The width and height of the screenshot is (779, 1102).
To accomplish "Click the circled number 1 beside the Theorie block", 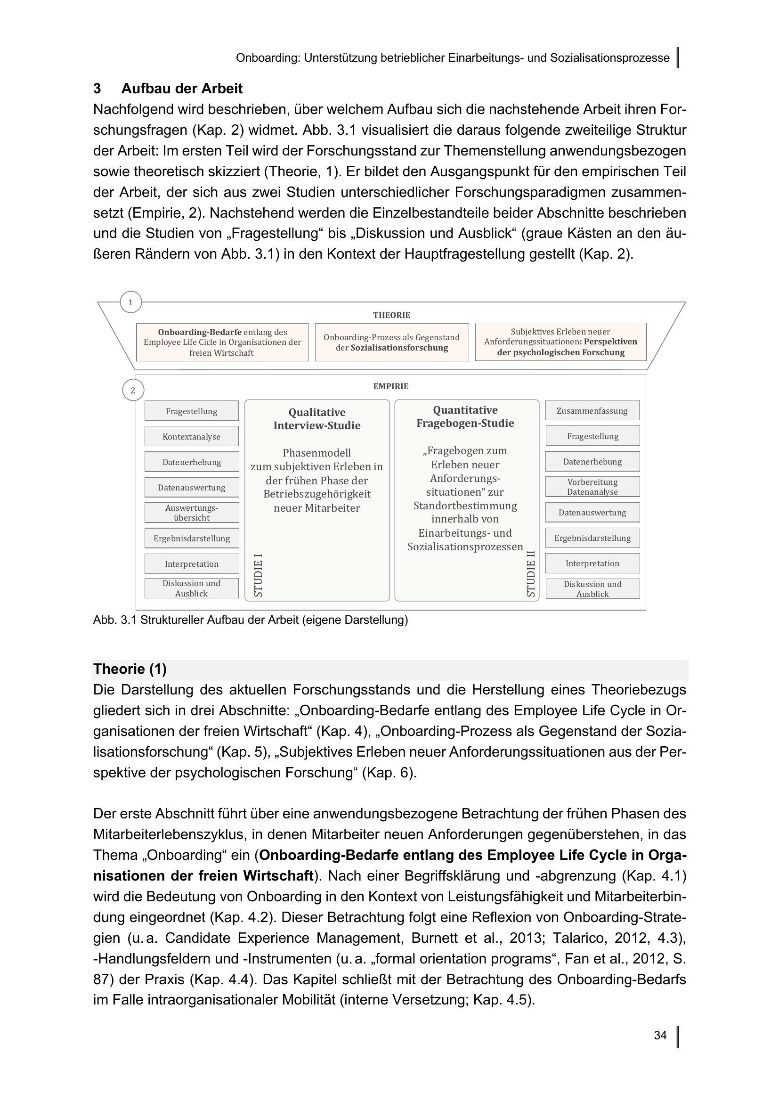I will point(130,302).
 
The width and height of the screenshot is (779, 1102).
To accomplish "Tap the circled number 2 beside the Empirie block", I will point(133,390).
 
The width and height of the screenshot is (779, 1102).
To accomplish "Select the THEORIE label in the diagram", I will point(391,315).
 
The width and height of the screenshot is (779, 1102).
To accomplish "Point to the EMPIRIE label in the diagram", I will point(391,386).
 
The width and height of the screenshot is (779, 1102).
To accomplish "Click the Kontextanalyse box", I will point(191,437).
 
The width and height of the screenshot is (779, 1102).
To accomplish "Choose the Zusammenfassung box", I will point(592,411).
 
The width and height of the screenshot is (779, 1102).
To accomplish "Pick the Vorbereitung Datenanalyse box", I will point(592,487).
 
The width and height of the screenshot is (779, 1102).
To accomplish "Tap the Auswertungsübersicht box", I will point(191,513).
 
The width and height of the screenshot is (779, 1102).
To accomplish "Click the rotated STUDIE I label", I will point(258,575).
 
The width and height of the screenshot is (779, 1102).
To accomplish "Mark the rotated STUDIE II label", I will point(530,573).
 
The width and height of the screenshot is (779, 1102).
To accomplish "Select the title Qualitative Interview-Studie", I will point(316,419).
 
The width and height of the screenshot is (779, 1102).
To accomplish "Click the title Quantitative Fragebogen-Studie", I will point(465,416).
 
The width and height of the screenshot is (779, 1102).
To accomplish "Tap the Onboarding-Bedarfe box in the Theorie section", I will point(222,342).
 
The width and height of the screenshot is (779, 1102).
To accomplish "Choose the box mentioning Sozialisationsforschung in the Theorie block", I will point(391,342).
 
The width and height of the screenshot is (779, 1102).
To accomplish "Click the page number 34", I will point(660,1035).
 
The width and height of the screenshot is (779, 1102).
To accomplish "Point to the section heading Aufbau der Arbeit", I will point(182,89).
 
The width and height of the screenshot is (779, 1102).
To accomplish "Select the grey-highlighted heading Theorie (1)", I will point(130,669).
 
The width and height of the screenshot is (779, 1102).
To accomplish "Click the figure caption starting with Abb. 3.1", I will point(251,620).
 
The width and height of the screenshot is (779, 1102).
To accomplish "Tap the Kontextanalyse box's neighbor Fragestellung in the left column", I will point(191,411).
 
